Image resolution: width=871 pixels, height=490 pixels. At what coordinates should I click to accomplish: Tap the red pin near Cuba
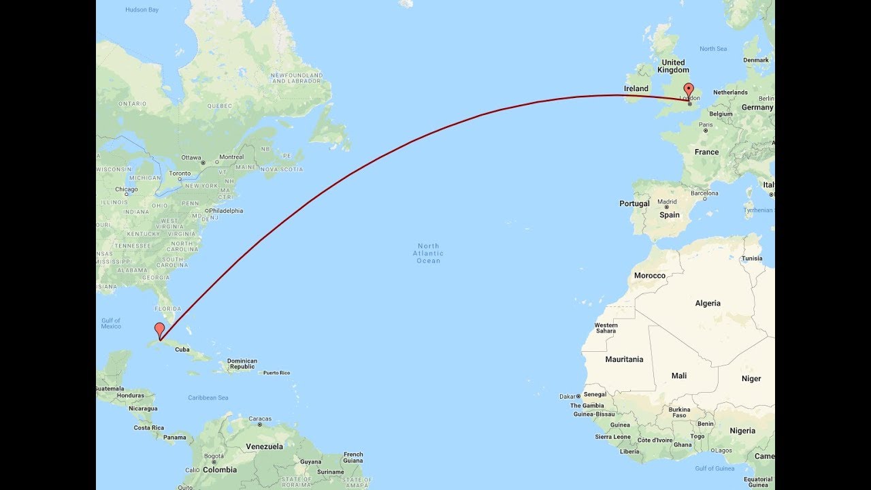pos(159,329)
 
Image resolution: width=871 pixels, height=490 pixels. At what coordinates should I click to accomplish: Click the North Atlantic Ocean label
pos(429,253)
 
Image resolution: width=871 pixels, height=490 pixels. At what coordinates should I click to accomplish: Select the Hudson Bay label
pos(142,10)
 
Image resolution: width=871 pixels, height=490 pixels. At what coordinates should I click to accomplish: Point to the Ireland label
pos(636,88)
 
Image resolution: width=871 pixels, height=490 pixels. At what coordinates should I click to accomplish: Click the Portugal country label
pos(634,203)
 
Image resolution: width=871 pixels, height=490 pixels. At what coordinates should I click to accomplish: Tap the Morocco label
pos(649,276)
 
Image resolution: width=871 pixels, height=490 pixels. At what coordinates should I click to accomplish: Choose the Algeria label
pos(708,304)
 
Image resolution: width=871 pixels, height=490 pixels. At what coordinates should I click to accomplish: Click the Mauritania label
pos(624,359)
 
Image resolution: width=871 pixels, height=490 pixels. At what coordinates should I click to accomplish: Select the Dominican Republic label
pos(242,363)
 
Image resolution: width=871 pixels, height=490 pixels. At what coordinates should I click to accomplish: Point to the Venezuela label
pos(264,446)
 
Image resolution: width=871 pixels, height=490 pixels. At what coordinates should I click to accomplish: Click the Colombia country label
pos(220,470)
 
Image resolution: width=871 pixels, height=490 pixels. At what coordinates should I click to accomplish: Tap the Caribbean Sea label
pos(208,397)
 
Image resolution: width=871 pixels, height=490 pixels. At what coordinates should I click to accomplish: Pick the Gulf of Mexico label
pos(111,323)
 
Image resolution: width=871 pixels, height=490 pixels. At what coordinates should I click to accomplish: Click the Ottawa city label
pos(191,157)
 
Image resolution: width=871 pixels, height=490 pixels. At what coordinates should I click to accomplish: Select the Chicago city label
pos(127,189)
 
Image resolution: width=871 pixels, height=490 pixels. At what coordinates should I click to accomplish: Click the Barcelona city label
pos(704,193)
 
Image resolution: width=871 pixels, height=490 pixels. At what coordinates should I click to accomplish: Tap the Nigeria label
pos(742,431)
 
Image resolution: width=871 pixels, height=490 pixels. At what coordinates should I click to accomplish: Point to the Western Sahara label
pos(606,328)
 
